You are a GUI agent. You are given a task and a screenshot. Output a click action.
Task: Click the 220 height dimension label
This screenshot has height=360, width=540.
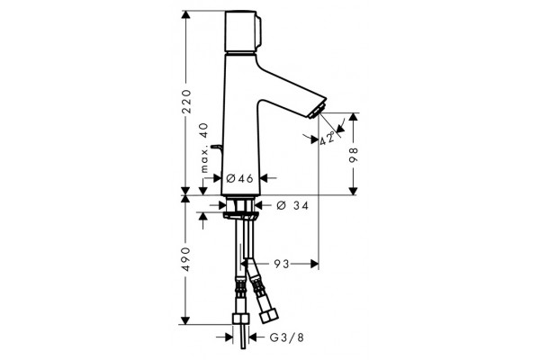(x=186, y=102)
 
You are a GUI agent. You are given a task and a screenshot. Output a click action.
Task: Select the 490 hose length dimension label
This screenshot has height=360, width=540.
(x=186, y=259)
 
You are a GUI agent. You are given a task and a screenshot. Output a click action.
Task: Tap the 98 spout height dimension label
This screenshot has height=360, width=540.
(x=354, y=155)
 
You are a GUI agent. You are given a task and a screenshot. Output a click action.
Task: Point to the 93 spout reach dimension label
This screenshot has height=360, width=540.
(x=282, y=264)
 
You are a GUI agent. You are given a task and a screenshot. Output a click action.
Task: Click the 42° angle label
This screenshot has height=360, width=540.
(x=328, y=138)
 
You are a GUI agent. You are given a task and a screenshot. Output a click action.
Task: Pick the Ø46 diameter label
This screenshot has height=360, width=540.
(x=240, y=178)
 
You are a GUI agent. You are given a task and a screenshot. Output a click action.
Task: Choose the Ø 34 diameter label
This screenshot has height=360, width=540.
(x=292, y=206)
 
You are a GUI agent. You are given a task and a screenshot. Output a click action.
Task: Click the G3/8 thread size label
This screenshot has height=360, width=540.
(x=287, y=337)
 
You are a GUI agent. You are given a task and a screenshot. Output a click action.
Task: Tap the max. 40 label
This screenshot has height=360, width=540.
(x=204, y=148)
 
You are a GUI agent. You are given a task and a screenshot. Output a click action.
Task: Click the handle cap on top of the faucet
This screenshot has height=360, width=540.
(x=242, y=31)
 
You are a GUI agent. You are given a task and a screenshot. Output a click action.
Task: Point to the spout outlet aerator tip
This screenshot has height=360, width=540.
(x=318, y=110)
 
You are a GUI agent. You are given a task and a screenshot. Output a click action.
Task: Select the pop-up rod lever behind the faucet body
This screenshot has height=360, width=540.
(x=217, y=148)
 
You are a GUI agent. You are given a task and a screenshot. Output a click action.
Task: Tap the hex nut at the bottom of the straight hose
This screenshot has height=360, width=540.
(x=240, y=319)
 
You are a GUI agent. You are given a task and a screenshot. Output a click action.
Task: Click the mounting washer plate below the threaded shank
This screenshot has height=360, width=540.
(x=240, y=216)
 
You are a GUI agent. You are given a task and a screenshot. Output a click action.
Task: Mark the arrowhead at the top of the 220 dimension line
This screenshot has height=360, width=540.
(x=185, y=14)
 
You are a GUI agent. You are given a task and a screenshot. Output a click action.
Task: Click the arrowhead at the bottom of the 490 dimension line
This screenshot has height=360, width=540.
(x=185, y=320)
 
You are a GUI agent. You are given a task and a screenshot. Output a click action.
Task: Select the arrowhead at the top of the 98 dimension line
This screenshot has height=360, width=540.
(x=353, y=117)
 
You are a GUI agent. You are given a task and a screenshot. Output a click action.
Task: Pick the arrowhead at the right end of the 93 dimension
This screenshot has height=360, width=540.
(x=314, y=264)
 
